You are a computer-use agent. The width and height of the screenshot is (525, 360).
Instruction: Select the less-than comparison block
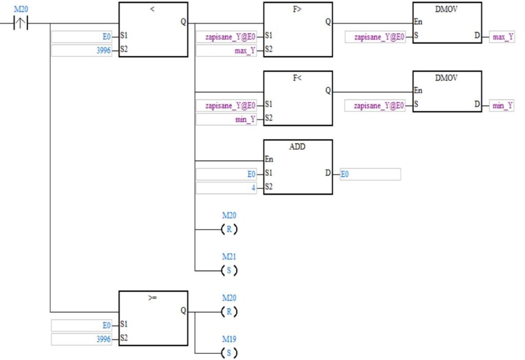(153, 30)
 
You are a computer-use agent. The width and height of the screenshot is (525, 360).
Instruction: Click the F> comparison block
(298, 30)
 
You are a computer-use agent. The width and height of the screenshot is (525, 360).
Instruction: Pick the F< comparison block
(298, 98)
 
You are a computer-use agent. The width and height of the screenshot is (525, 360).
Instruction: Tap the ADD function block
(298, 167)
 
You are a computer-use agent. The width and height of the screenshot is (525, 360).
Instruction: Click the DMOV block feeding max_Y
(447, 23)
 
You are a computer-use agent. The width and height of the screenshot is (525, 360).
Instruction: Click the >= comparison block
(153, 318)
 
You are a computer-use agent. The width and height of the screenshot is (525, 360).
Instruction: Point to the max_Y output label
(502, 37)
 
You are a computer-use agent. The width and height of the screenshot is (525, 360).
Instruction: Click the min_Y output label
(502, 106)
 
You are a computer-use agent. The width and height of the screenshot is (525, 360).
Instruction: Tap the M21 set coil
(229, 270)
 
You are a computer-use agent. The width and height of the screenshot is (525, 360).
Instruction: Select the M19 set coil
(229, 353)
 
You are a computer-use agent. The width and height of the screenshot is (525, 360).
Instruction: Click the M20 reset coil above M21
(229, 229)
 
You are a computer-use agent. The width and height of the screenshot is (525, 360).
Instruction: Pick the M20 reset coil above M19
(229, 311)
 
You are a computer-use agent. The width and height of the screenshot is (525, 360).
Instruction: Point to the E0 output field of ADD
(370, 174)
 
